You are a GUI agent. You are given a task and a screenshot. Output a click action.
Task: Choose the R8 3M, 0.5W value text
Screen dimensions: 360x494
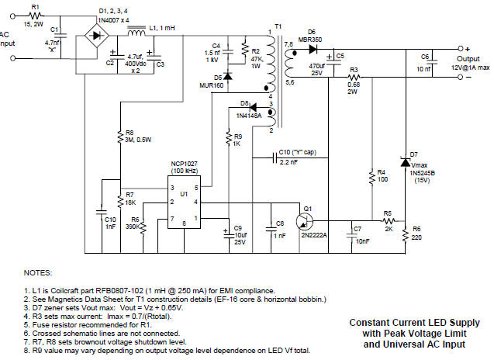(139, 140)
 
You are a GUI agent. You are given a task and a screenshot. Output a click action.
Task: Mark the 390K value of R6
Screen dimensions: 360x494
(132, 227)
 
